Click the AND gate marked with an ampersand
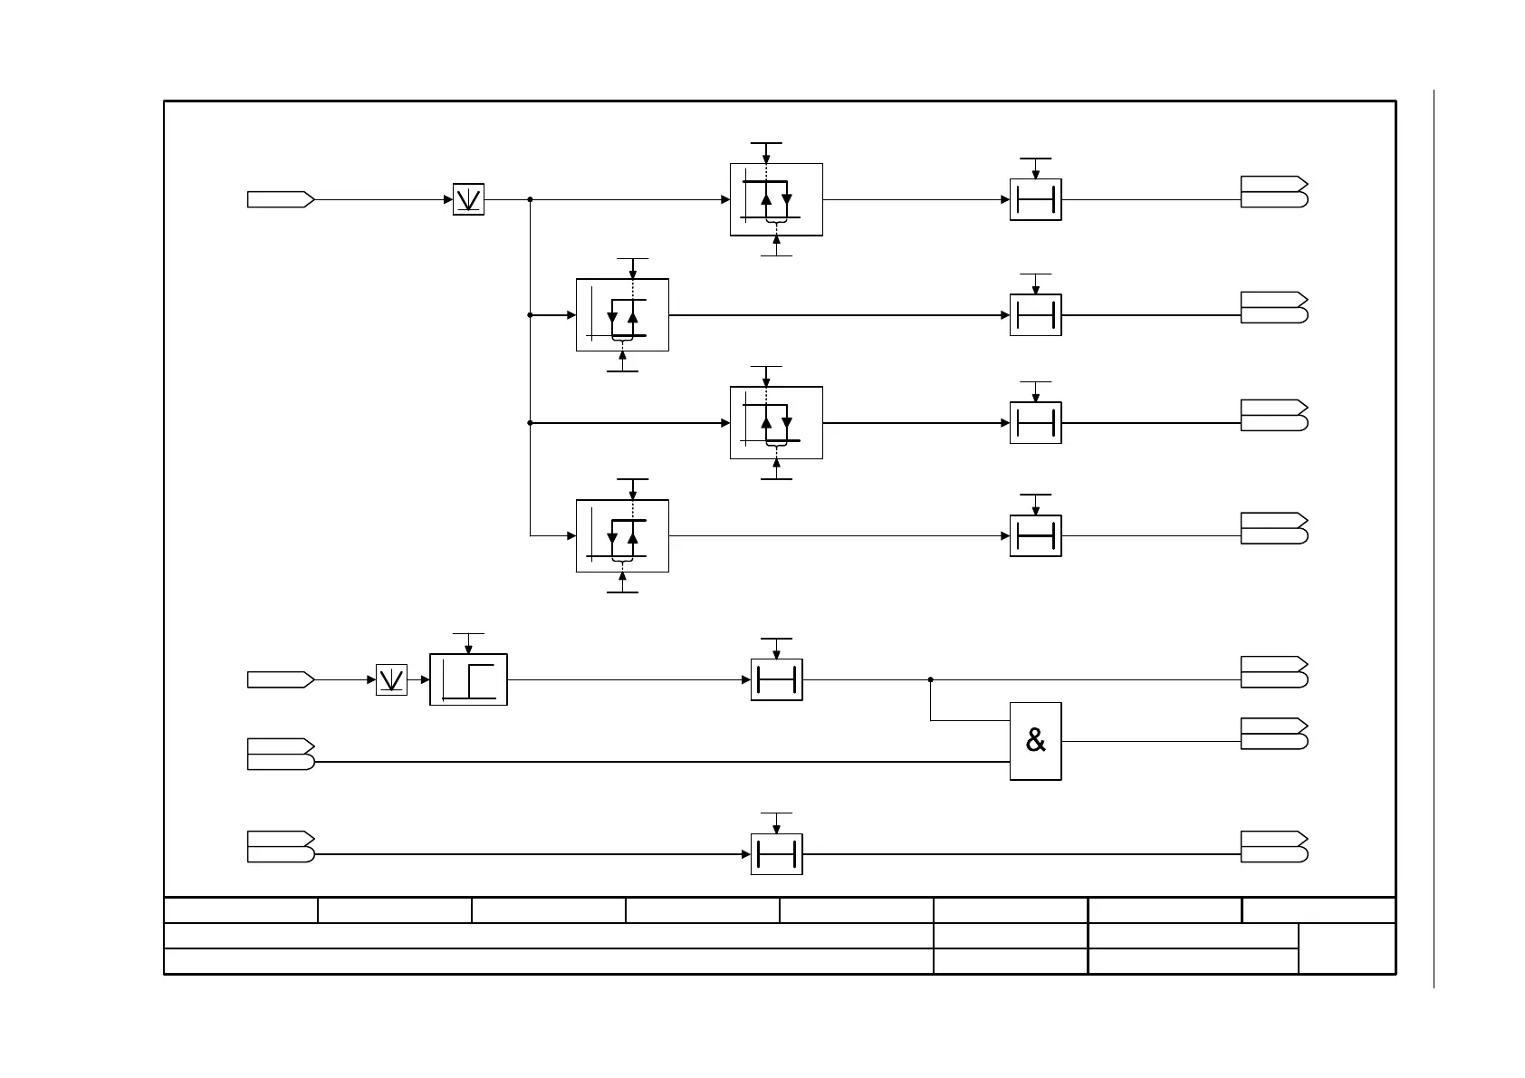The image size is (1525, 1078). (x=1035, y=741)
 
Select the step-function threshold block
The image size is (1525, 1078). (x=468, y=679)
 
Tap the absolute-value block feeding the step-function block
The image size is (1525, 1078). (x=391, y=679)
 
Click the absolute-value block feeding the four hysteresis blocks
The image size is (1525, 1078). (x=468, y=199)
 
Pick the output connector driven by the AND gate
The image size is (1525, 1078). (x=1273, y=734)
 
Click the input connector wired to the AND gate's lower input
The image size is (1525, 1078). (x=281, y=755)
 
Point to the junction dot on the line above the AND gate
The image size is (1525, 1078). (x=930, y=679)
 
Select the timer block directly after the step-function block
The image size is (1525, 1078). (x=776, y=679)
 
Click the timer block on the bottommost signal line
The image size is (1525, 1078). (x=776, y=854)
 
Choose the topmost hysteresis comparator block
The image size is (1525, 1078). (x=776, y=199)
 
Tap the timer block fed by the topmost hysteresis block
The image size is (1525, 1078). (x=1035, y=199)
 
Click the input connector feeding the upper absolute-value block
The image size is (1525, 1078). (x=281, y=199)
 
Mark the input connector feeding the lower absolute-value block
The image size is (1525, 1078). (x=281, y=679)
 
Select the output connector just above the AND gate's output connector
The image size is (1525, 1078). (x=1273, y=672)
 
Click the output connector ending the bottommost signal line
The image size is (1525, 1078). (x=1273, y=847)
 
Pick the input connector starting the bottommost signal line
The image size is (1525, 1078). (x=281, y=847)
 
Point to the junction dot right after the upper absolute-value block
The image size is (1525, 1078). (x=530, y=199)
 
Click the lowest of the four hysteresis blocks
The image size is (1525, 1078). (x=622, y=536)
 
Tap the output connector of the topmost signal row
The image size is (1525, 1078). (x=1273, y=192)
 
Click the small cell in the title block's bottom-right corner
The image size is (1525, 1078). (x=1347, y=948)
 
